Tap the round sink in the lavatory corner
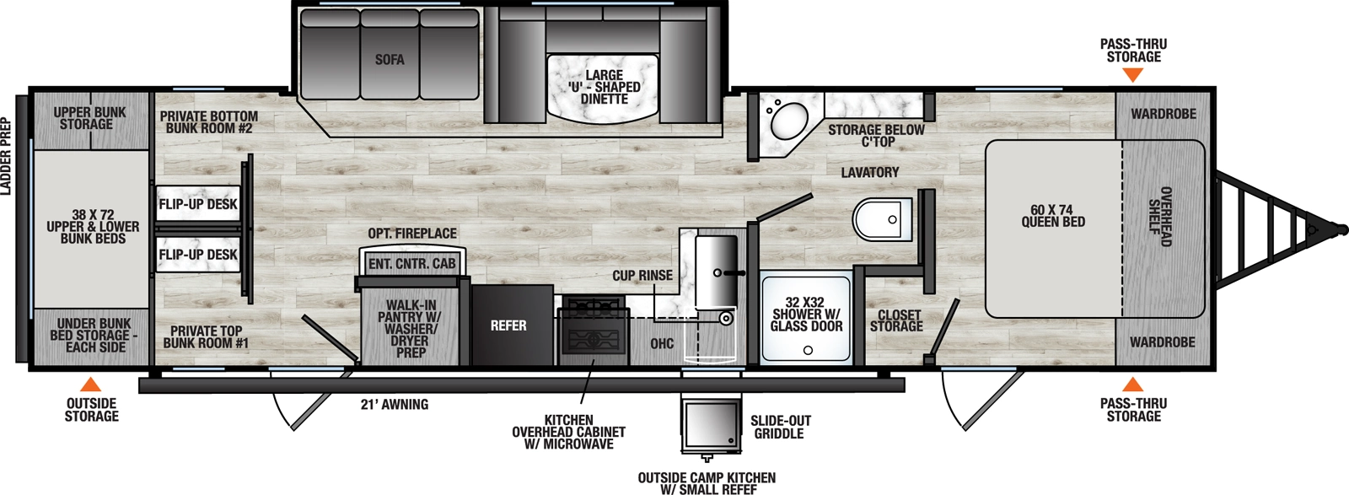787,121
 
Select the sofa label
390,60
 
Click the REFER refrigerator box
508,326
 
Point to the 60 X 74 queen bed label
1053,216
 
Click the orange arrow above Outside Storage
91,385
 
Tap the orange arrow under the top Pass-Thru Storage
1133,74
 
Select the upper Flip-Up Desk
198,204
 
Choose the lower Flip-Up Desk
198,255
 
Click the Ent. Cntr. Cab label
411,264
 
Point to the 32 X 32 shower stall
806,317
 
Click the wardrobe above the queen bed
1163,113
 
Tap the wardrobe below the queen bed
1163,342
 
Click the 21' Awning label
395,405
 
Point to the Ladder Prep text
7,157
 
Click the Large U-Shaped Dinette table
603,88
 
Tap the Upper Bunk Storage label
89,118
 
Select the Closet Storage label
896,321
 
